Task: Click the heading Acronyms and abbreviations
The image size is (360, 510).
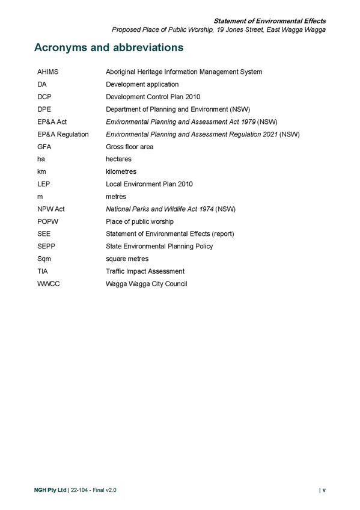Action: [109, 48]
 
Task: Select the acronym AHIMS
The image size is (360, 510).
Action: [47, 72]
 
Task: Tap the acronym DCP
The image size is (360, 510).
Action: [44, 97]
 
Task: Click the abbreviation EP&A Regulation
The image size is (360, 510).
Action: [63, 134]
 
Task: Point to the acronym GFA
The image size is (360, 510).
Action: [44, 147]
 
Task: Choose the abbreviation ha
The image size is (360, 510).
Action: [41, 159]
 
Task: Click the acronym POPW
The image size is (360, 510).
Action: [47, 221]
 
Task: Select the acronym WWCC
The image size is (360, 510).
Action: [49, 284]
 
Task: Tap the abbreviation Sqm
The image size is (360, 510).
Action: [44, 259]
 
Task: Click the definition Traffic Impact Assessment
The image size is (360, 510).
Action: [145, 271]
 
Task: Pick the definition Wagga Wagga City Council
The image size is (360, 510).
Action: [147, 284]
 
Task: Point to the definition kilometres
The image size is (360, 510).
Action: [121, 172]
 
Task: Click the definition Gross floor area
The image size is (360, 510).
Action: [130, 147]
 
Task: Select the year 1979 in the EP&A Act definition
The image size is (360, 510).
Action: [248, 122]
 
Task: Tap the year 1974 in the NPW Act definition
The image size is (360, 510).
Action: [207, 209]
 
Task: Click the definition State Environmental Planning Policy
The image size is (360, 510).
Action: [159, 247]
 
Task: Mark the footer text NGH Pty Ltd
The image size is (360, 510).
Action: [50, 490]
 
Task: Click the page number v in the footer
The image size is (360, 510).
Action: [324, 491]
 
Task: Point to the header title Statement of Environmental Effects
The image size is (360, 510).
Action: [270, 21]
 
